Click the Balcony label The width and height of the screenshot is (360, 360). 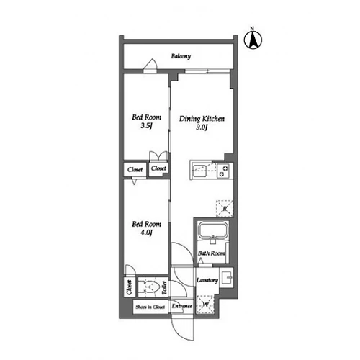181,56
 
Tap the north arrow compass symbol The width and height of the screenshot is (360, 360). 253,40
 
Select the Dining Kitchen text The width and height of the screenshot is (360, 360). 202,119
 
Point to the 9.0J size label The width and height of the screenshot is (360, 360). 202,127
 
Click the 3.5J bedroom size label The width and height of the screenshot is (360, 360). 146,125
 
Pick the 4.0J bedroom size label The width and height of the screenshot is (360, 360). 146,233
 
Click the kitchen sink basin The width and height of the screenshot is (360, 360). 199,171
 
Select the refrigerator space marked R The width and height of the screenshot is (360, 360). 225,209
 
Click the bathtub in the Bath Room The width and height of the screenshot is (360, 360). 212,230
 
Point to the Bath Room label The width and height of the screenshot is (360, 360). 211,253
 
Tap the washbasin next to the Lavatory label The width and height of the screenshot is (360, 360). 227,277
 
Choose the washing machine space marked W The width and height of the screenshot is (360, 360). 205,305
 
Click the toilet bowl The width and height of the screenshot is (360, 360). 150,287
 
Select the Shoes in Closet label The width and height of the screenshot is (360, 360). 150,307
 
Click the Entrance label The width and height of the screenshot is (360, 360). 181,306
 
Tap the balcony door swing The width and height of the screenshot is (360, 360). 150,64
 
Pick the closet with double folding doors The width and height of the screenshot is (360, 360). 158,165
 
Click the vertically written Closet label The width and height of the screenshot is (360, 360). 129,287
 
